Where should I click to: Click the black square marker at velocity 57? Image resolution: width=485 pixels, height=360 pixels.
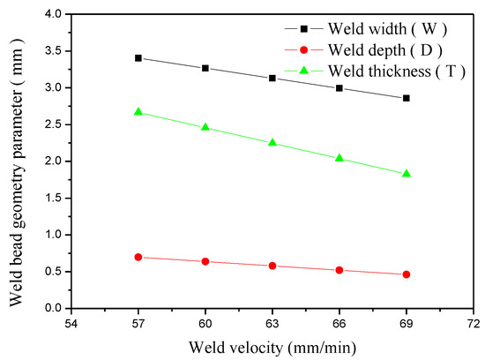pos(138,58)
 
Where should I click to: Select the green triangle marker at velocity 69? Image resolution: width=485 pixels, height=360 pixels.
pos(407,174)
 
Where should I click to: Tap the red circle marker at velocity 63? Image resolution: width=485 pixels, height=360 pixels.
pos(272,266)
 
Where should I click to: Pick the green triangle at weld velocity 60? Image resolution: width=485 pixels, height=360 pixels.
pos(205,127)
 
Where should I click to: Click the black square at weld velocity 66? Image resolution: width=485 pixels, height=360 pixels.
pos(339,88)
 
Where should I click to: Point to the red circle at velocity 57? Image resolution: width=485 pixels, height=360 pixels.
pos(138,257)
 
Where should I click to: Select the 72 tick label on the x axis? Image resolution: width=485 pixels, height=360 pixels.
pos(474,323)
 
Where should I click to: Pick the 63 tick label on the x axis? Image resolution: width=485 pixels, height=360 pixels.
pos(272,323)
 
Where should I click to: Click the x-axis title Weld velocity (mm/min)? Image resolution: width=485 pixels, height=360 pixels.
pos(272,345)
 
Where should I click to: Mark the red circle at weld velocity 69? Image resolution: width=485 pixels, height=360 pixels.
pos(407,274)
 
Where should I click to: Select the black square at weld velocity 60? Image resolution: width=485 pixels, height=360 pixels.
pos(205,68)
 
